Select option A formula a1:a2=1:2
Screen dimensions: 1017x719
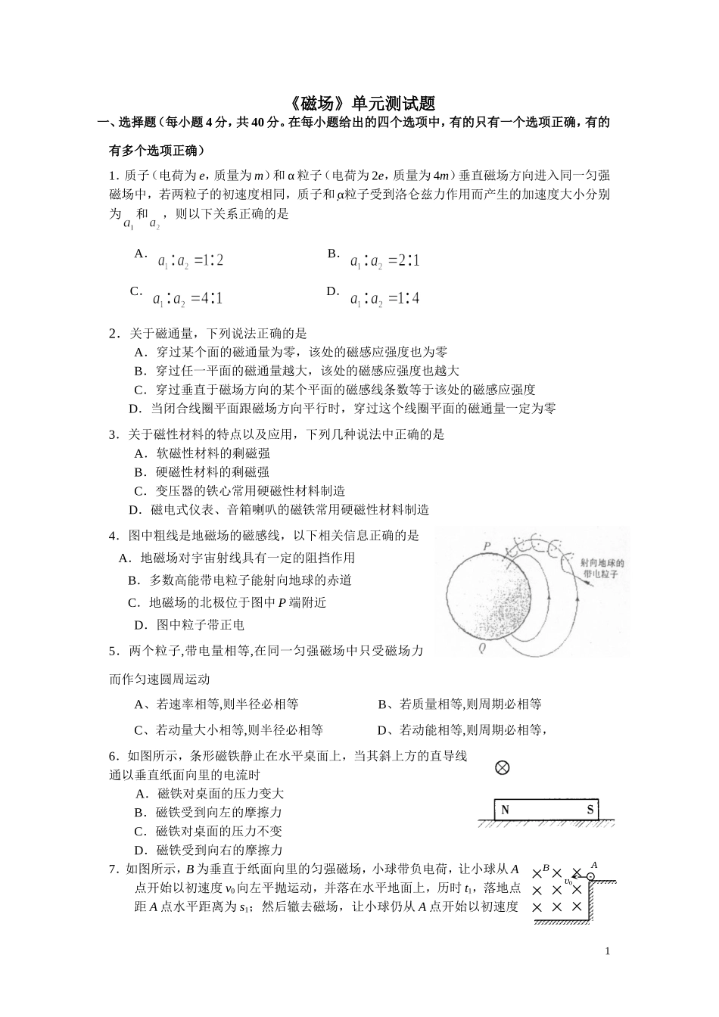coord(190,261)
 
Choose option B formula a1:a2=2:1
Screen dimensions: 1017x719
coord(384,261)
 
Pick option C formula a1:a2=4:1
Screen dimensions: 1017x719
coord(187,299)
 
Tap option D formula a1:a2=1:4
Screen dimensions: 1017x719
coord(384,299)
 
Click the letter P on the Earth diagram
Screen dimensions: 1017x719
coord(487,546)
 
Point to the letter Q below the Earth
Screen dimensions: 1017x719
coord(482,648)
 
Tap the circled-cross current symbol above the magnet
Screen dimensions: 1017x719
coord(502,768)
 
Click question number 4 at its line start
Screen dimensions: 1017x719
coord(113,536)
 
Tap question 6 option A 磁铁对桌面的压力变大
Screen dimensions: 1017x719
coord(220,794)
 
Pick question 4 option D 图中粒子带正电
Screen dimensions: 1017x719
coord(200,625)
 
